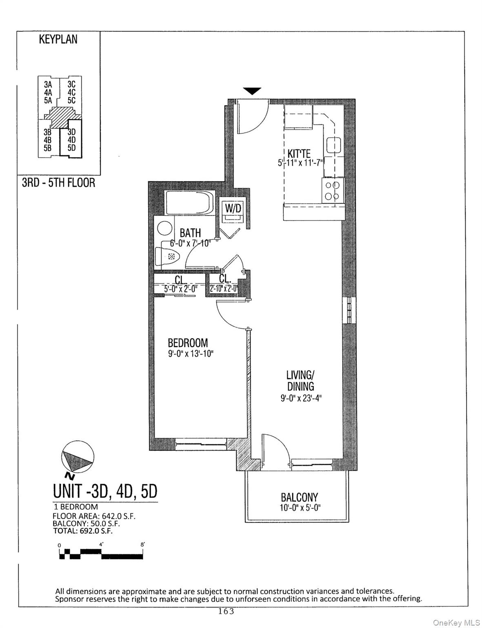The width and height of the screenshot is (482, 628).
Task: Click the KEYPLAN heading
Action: pos(58,40)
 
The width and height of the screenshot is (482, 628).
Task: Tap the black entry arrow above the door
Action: pos(252,91)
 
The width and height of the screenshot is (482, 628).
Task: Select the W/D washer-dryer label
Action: pos(233,208)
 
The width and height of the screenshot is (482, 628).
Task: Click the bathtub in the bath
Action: pos(189,202)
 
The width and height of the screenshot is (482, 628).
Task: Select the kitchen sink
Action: pos(333,145)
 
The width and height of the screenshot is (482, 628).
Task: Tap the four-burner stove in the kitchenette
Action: pos(331,190)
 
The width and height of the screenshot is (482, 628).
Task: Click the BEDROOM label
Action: pos(188,342)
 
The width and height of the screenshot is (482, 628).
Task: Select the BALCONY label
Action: pos(299,498)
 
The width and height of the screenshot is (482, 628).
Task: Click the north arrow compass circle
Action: pos(77,457)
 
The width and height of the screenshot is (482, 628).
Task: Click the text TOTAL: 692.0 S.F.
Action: pos(83,531)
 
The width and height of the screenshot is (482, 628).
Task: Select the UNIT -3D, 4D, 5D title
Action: pos(105,491)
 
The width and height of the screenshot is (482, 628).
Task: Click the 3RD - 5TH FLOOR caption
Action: pos(58,182)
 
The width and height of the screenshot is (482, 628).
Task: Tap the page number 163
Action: pos(226,612)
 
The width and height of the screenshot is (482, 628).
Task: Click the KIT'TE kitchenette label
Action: pos(299,154)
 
